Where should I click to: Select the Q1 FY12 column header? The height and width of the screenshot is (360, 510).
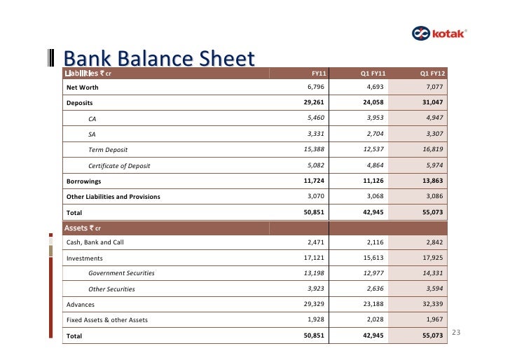(x=433, y=73)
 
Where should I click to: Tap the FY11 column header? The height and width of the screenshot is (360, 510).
(x=319, y=73)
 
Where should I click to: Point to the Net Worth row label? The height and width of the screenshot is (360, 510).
(x=82, y=88)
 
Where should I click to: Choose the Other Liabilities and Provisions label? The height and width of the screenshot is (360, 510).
(x=113, y=197)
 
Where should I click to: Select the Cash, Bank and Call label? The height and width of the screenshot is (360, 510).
(x=95, y=242)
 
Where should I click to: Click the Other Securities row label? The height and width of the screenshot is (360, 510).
(x=111, y=289)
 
